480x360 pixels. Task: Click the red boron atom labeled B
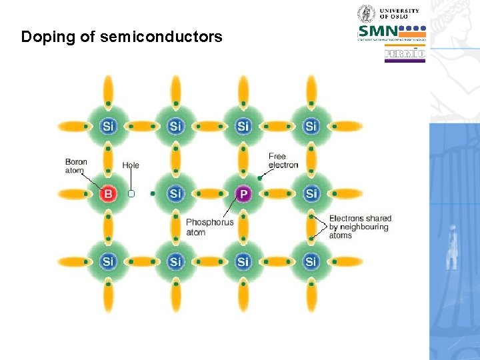(108, 194)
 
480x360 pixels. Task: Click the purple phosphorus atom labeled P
(243, 194)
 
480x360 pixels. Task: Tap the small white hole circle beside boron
(131, 194)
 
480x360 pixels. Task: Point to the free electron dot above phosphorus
(260, 178)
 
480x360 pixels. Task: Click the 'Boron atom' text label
(75, 166)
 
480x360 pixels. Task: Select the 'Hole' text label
(131, 165)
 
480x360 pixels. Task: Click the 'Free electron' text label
(283, 161)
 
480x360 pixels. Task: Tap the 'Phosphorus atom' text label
(209, 227)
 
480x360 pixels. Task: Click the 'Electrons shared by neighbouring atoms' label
(359, 227)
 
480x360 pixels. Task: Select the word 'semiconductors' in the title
(161, 37)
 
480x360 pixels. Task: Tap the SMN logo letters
(378, 31)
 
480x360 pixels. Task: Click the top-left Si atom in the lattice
(108, 126)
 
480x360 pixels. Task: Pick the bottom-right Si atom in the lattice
(311, 261)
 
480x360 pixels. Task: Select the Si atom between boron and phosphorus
(175, 194)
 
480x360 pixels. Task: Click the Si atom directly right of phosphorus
(311, 194)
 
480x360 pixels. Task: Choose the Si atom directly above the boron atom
(108, 126)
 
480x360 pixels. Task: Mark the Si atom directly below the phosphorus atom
(243, 261)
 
